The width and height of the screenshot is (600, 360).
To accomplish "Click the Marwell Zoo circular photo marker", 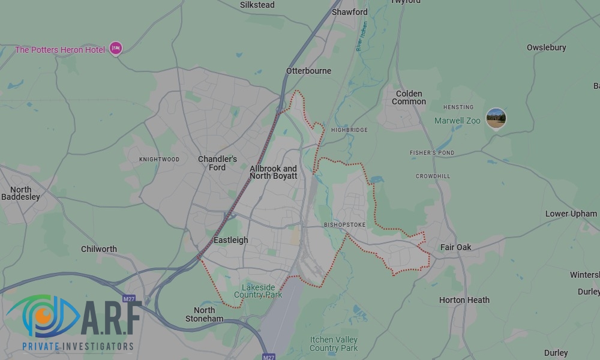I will pos(496,118).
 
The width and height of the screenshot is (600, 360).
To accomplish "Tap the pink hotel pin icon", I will pos(115,49).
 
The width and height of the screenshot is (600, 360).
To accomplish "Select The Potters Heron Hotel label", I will pos(60,50).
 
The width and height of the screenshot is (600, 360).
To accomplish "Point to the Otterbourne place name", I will pos(308,71).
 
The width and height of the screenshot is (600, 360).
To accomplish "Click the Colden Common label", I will pos(409,98).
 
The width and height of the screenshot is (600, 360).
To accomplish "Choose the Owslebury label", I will pos(546,47).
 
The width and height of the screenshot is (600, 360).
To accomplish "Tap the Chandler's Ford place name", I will pos(217,163).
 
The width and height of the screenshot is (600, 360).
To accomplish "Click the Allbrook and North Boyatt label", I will pos(273,172).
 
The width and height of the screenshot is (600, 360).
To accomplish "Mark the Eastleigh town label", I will pos(230,240).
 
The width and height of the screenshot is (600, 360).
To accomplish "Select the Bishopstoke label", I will pos(344,225).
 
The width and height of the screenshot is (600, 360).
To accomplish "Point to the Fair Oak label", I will pos(455,247).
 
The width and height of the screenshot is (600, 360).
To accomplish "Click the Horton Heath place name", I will pos(464,300).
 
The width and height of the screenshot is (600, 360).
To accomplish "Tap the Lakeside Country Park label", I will pos(258,291).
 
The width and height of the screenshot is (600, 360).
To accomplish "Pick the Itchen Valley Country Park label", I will pos(334,344).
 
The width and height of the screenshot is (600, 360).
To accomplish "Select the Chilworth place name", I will pos(99,249).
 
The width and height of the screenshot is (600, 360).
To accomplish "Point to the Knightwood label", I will pos(159,160).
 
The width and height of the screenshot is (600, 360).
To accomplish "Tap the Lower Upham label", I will pos(571,214).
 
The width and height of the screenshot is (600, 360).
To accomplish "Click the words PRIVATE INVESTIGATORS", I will pos(78,346).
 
